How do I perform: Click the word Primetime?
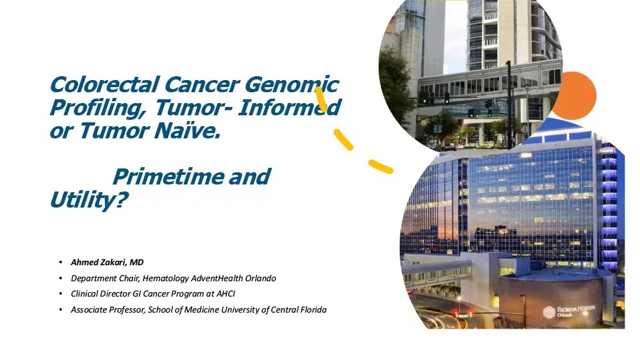(168, 177)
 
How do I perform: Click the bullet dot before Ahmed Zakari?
(61, 262)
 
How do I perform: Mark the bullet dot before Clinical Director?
(61, 294)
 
